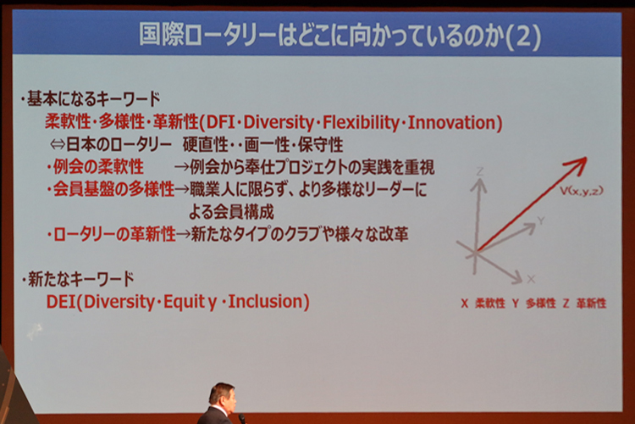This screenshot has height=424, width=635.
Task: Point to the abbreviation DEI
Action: [x=61, y=302]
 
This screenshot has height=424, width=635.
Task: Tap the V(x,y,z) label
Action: [x=582, y=191]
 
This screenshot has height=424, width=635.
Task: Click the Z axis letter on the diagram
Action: [x=480, y=171]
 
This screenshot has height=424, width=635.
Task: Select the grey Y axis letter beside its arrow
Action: [x=541, y=220]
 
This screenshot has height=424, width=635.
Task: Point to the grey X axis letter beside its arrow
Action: [x=531, y=279]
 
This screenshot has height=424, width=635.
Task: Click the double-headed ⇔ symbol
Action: [x=58, y=144]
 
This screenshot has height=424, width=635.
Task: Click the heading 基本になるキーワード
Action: [x=93, y=99]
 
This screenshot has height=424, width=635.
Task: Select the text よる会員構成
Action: [x=231, y=212]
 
